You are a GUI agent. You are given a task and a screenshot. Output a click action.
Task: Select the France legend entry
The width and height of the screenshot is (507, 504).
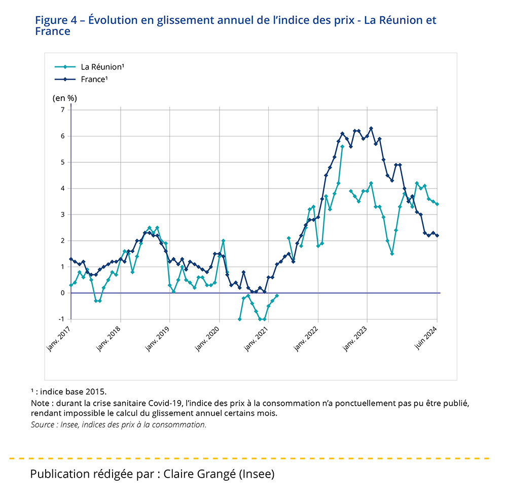(94, 79)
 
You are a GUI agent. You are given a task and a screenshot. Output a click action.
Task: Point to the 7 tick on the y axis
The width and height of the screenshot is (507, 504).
(63, 110)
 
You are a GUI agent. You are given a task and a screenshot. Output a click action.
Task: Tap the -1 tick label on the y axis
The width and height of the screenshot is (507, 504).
(62, 319)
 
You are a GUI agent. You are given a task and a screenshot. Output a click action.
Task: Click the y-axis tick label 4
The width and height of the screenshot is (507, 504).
(63, 189)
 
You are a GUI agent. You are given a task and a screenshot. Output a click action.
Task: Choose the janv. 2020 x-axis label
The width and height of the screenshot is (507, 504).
(207, 336)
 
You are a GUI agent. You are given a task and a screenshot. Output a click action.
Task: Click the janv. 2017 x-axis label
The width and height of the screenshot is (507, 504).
(59, 336)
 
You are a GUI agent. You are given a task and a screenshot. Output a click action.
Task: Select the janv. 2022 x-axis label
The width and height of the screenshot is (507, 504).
(306, 336)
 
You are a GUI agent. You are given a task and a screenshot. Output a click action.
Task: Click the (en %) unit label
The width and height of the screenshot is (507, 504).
(65, 98)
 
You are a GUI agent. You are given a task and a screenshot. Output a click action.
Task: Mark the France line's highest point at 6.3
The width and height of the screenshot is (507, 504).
(371, 128)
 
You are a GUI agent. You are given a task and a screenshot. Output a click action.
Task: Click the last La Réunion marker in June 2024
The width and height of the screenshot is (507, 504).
(437, 204)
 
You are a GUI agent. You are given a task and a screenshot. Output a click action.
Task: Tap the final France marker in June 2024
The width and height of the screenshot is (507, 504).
(437, 235)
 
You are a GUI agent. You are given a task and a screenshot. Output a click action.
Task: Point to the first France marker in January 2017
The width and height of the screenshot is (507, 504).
(71, 259)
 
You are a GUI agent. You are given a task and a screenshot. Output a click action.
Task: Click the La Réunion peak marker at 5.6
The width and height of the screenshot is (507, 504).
(342, 147)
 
